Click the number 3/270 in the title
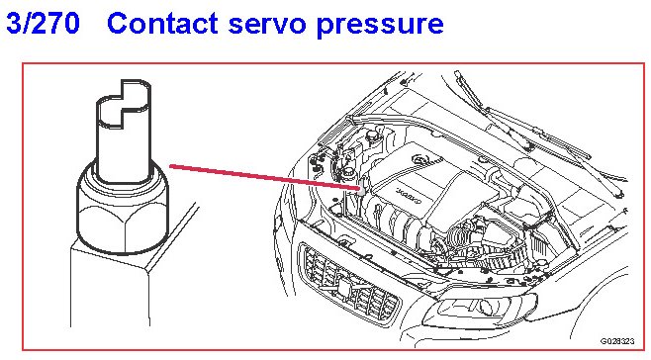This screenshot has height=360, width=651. click(43, 24)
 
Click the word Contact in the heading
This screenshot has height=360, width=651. click(162, 24)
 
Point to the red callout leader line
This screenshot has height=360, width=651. click(264, 177)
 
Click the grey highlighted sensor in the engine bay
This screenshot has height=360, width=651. click(362, 185)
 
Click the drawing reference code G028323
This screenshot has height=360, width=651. click(617, 341)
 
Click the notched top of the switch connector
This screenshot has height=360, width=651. click(124, 102)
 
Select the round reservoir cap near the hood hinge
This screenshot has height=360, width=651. click(371, 135)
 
